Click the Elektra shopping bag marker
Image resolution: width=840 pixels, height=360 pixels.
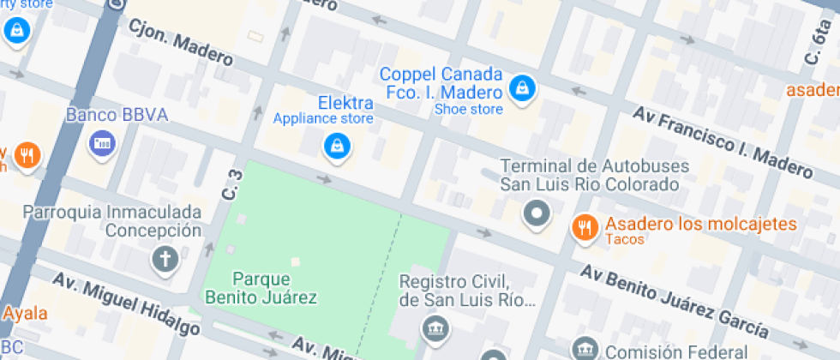point(337,146)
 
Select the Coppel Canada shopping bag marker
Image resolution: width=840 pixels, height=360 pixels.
point(520,87)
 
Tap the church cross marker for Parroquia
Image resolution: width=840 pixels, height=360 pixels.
point(163,259)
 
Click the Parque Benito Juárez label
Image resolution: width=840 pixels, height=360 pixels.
point(261,288)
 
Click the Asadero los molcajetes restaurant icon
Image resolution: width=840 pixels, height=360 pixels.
point(585,226)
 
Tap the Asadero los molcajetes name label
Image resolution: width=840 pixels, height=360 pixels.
point(701,224)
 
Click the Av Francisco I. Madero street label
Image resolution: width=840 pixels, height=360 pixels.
point(722,142)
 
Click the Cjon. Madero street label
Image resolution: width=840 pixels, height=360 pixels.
point(180,42)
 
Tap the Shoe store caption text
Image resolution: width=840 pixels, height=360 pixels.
point(468,109)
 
